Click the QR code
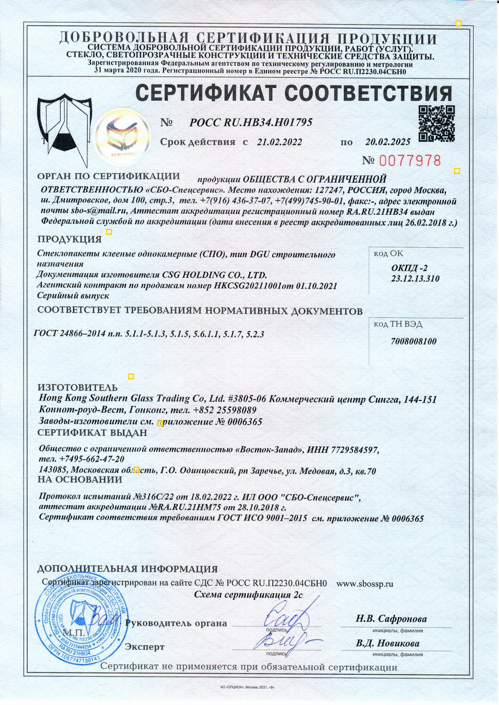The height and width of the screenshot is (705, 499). [x=436, y=124]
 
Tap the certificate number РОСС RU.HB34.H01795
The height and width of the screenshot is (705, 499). [x=251, y=122]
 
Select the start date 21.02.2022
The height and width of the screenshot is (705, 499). [x=279, y=142]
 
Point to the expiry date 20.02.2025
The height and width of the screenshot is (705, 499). [x=387, y=142]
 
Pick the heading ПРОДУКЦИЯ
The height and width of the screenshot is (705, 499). [x=69, y=239]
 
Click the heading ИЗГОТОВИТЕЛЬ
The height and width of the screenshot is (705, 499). [x=77, y=387]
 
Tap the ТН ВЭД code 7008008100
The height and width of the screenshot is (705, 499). [x=413, y=342]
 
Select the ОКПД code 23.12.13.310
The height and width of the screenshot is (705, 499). [x=415, y=279]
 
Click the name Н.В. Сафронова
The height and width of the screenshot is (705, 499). [x=391, y=619]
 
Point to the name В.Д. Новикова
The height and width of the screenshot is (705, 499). [x=387, y=643]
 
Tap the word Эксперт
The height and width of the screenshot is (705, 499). [x=144, y=647]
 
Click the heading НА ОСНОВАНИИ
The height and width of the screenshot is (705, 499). [x=80, y=480]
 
